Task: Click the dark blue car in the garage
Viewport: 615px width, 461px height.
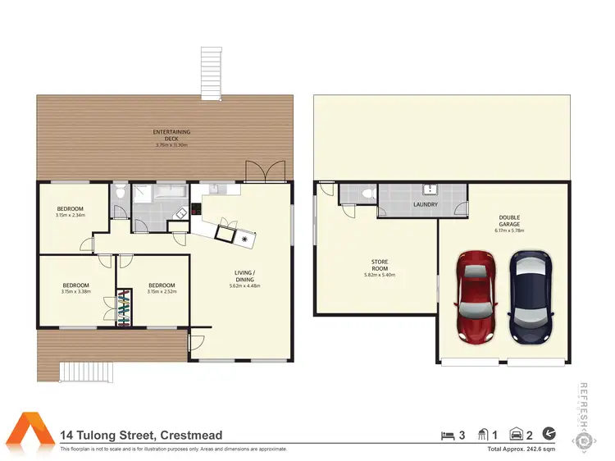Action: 529,297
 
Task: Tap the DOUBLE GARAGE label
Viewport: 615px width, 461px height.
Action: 509,221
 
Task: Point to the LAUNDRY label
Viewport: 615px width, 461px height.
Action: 425,204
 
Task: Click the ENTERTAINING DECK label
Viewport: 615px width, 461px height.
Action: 171,135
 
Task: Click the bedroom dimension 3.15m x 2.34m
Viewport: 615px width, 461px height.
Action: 70,215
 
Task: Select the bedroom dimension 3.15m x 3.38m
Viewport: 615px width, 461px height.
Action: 75,291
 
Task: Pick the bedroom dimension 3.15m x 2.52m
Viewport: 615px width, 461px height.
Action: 161,291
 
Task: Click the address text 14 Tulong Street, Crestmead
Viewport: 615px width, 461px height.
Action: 141,436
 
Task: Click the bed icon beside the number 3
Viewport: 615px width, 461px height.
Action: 447,435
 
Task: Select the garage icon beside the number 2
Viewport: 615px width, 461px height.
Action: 517,435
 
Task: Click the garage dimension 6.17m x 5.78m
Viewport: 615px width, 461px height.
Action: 509,230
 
